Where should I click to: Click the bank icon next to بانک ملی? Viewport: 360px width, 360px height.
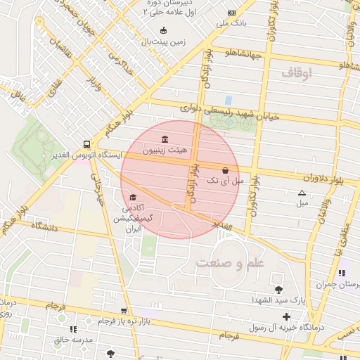231,13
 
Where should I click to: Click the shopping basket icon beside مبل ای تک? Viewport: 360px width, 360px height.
225,170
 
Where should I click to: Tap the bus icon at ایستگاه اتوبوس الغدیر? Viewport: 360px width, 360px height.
86,141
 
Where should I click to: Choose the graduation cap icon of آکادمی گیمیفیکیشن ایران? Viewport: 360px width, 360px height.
133,197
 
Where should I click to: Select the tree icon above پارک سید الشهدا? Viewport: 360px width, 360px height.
279,289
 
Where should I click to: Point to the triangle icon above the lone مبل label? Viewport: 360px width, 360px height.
302,192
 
